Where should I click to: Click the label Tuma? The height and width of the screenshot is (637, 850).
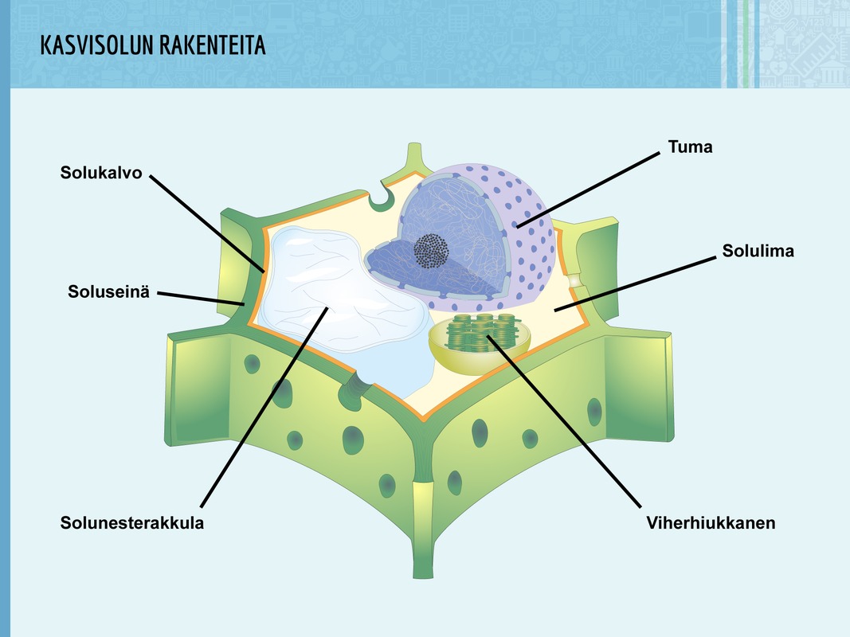coord(690,147)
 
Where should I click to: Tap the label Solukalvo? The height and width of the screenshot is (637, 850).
coord(101,172)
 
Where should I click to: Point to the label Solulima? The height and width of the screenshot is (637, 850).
coord(758,252)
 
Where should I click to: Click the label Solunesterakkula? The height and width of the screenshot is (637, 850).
coord(132,523)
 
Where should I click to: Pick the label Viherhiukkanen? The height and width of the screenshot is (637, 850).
coord(711,523)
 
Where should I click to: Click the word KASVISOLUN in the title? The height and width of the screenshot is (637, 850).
coord(96,46)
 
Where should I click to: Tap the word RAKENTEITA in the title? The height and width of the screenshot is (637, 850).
coord(213,46)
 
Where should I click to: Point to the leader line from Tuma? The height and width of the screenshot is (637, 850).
coord(590,190)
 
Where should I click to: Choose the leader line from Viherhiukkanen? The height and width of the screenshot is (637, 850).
coord(566,422)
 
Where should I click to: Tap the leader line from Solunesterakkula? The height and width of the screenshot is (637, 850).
coord(263,406)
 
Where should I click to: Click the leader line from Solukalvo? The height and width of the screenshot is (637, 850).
coord(207,223)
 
